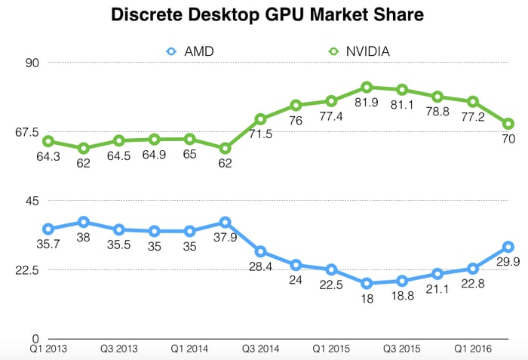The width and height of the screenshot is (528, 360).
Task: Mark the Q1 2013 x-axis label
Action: pos(47,349)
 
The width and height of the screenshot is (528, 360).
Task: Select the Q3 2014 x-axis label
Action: pos(259,349)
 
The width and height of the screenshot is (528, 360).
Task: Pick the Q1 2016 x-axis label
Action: pos(473,349)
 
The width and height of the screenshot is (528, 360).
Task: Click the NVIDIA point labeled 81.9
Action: pos(367,88)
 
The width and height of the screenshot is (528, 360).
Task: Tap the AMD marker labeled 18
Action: pos(367,284)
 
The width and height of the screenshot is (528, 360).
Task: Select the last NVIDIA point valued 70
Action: pos(508,124)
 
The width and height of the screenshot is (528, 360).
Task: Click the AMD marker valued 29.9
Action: pos(508,247)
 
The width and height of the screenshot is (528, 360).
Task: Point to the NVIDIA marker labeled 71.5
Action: pos(260,119)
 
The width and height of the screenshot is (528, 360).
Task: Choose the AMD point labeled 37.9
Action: pos(225,223)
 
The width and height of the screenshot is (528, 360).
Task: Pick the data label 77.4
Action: pos(331,116)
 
